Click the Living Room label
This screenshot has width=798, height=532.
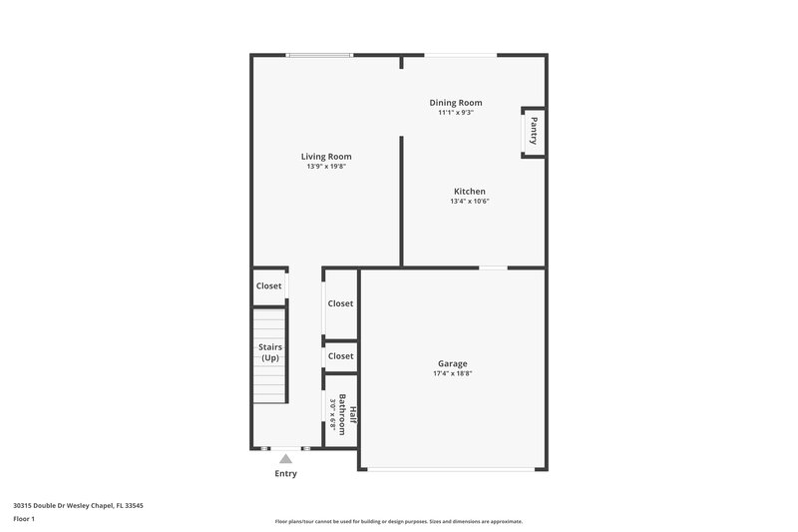tap(326, 157)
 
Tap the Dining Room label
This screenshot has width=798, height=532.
tap(456, 103)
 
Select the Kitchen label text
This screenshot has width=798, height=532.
tap(469, 192)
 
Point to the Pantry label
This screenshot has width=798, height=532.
tap(534, 132)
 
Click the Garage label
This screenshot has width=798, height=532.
tap(452, 364)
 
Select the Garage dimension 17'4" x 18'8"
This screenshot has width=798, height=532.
tap(452, 374)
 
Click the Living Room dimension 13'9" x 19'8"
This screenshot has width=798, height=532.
tap(326, 167)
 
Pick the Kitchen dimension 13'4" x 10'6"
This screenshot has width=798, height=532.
tap(469, 202)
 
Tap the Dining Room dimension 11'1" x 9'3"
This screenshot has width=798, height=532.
tap(456, 113)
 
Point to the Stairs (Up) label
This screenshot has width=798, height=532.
tap(270, 352)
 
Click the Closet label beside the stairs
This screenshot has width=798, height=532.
tap(269, 285)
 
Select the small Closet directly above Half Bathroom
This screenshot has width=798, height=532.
tap(340, 356)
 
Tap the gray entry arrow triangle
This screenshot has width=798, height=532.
tap(285, 458)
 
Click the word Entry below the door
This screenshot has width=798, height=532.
tap(285, 473)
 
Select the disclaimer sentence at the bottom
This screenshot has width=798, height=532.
tap(398, 521)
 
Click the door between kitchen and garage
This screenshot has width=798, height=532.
tap(493, 267)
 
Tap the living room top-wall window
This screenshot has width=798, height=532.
tap(319, 55)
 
